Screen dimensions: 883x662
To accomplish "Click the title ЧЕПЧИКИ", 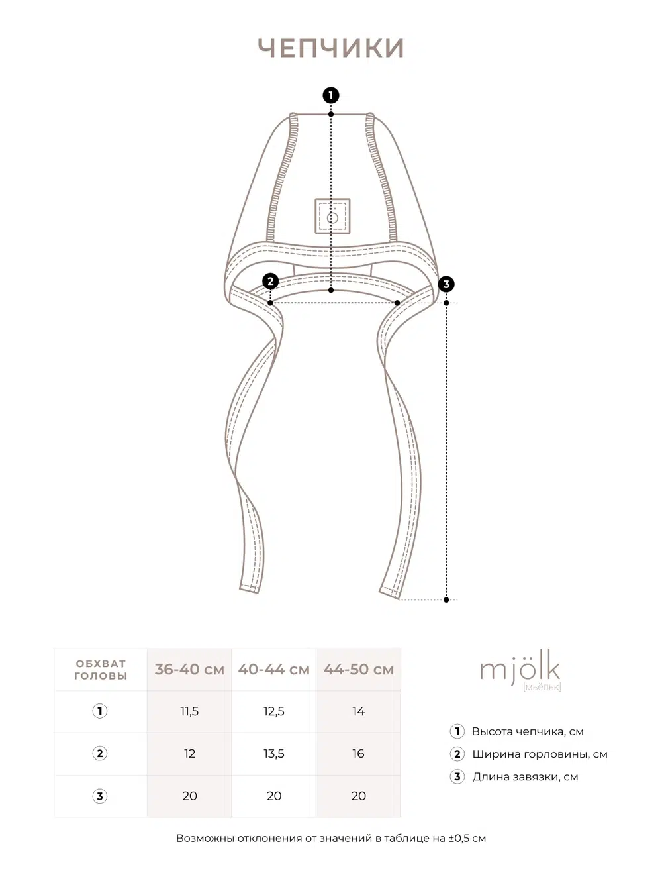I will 331,48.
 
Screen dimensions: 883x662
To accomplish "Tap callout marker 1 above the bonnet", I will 331,95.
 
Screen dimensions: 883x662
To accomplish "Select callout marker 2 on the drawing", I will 270,282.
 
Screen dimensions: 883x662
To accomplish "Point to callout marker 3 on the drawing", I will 446,284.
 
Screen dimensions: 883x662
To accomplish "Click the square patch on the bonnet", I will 332,216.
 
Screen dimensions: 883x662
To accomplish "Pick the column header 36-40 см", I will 189,670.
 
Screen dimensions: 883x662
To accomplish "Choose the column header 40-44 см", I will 274,670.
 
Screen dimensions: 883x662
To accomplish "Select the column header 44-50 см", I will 358,670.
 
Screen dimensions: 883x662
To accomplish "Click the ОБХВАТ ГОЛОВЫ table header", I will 101,670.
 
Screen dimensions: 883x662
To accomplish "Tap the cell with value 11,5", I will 189,711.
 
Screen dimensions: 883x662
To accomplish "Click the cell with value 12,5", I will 274,711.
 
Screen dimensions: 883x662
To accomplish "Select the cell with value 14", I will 358,711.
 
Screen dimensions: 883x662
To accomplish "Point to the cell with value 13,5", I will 274,754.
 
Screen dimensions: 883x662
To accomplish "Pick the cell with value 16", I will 358,754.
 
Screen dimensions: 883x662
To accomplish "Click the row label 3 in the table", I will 100,796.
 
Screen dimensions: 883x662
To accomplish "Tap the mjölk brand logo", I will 520,670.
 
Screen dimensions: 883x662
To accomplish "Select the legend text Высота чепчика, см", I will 528,732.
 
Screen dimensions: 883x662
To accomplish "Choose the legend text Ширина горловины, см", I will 540,754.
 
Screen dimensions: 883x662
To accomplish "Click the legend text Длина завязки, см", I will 525,777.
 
